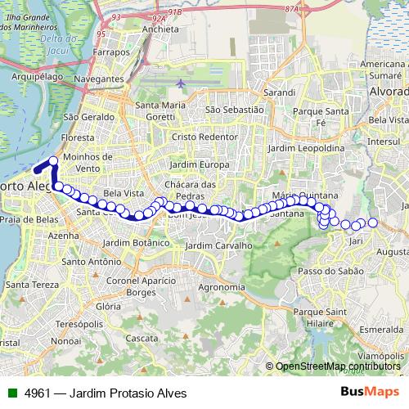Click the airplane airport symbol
click(181, 83)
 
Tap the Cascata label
click(142, 338)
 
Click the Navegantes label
click(98, 79)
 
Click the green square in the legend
click(11, 393)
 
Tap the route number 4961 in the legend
click(39, 393)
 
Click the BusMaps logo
click(371, 392)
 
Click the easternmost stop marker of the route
click(373, 222)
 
